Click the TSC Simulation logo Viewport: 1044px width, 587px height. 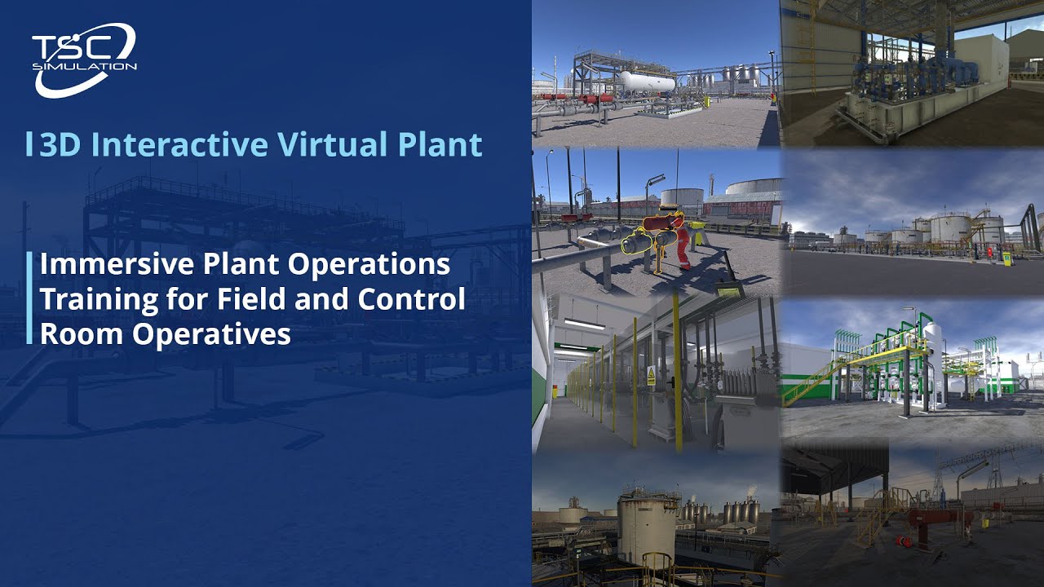(x=84, y=58)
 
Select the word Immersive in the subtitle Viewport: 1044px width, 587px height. (x=108, y=264)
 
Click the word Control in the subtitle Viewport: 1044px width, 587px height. (x=411, y=299)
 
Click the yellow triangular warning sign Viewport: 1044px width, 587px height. (x=652, y=376)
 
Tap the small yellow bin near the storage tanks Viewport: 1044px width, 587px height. (x=1006, y=258)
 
